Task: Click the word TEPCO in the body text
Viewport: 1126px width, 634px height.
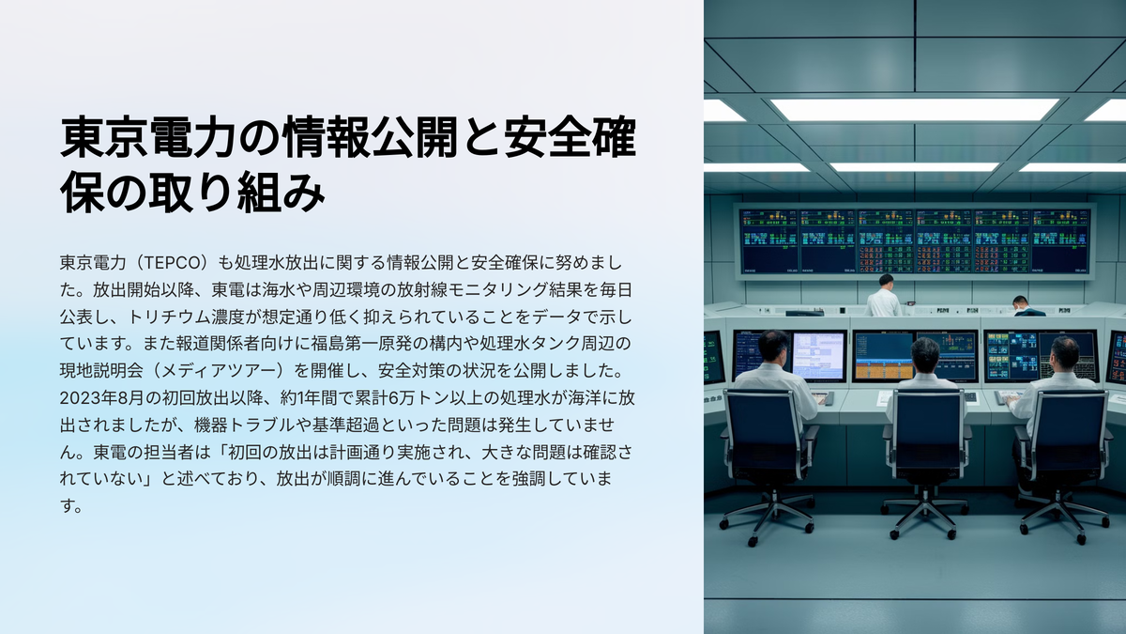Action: [170, 263]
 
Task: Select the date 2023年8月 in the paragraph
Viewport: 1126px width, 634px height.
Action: [101, 398]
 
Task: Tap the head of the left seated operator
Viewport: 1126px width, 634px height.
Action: [773, 346]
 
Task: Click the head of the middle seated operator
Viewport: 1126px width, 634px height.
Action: [925, 355]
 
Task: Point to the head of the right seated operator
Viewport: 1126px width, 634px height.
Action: [1064, 354]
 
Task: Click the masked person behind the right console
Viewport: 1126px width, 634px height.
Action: [1023, 306]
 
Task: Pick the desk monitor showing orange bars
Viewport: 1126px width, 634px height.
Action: [884, 356]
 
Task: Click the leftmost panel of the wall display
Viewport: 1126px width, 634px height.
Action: [769, 241]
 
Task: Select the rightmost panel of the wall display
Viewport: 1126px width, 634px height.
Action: [1060, 241]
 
